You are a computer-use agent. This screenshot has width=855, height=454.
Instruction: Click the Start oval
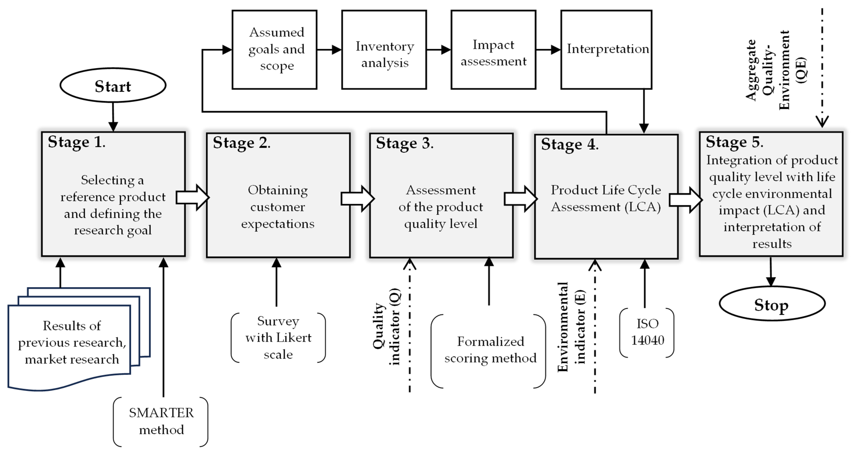coord(113,86)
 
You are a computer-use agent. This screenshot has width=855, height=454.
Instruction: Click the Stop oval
coord(772,304)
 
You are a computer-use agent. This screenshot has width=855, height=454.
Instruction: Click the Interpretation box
coord(606,50)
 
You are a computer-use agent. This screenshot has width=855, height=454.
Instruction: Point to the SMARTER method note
coord(161,421)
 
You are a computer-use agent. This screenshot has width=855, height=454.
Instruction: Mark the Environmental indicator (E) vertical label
coord(572,327)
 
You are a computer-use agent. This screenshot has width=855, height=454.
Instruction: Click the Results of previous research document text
coord(72,342)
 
